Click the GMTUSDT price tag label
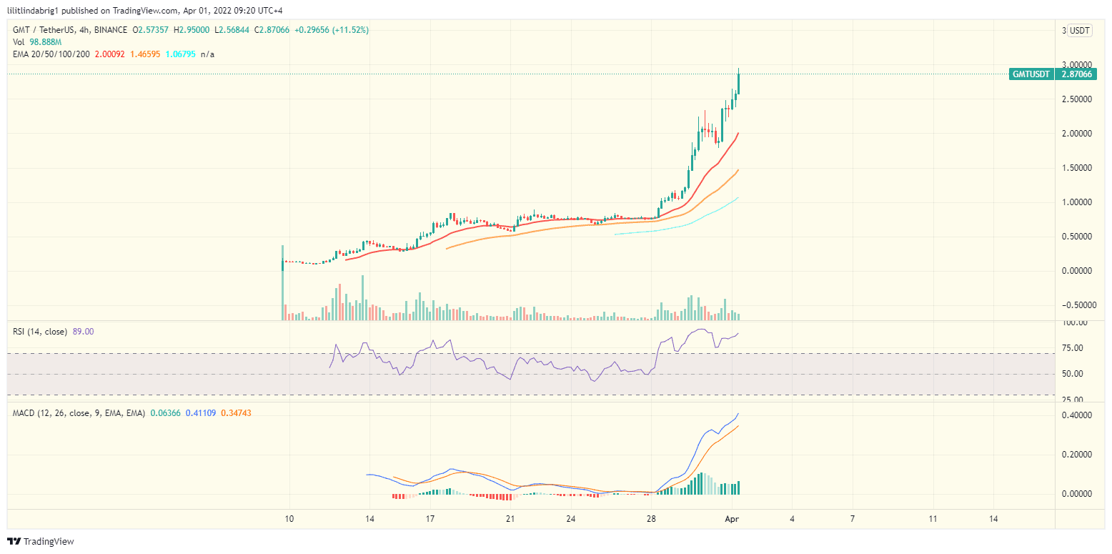coord(1031,74)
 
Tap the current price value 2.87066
coord(1076,74)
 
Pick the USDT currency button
coord(1079,31)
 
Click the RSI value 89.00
coord(83,332)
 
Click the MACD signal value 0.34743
coord(236,413)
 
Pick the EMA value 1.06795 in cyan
coord(180,54)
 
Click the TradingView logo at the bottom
coord(41,542)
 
